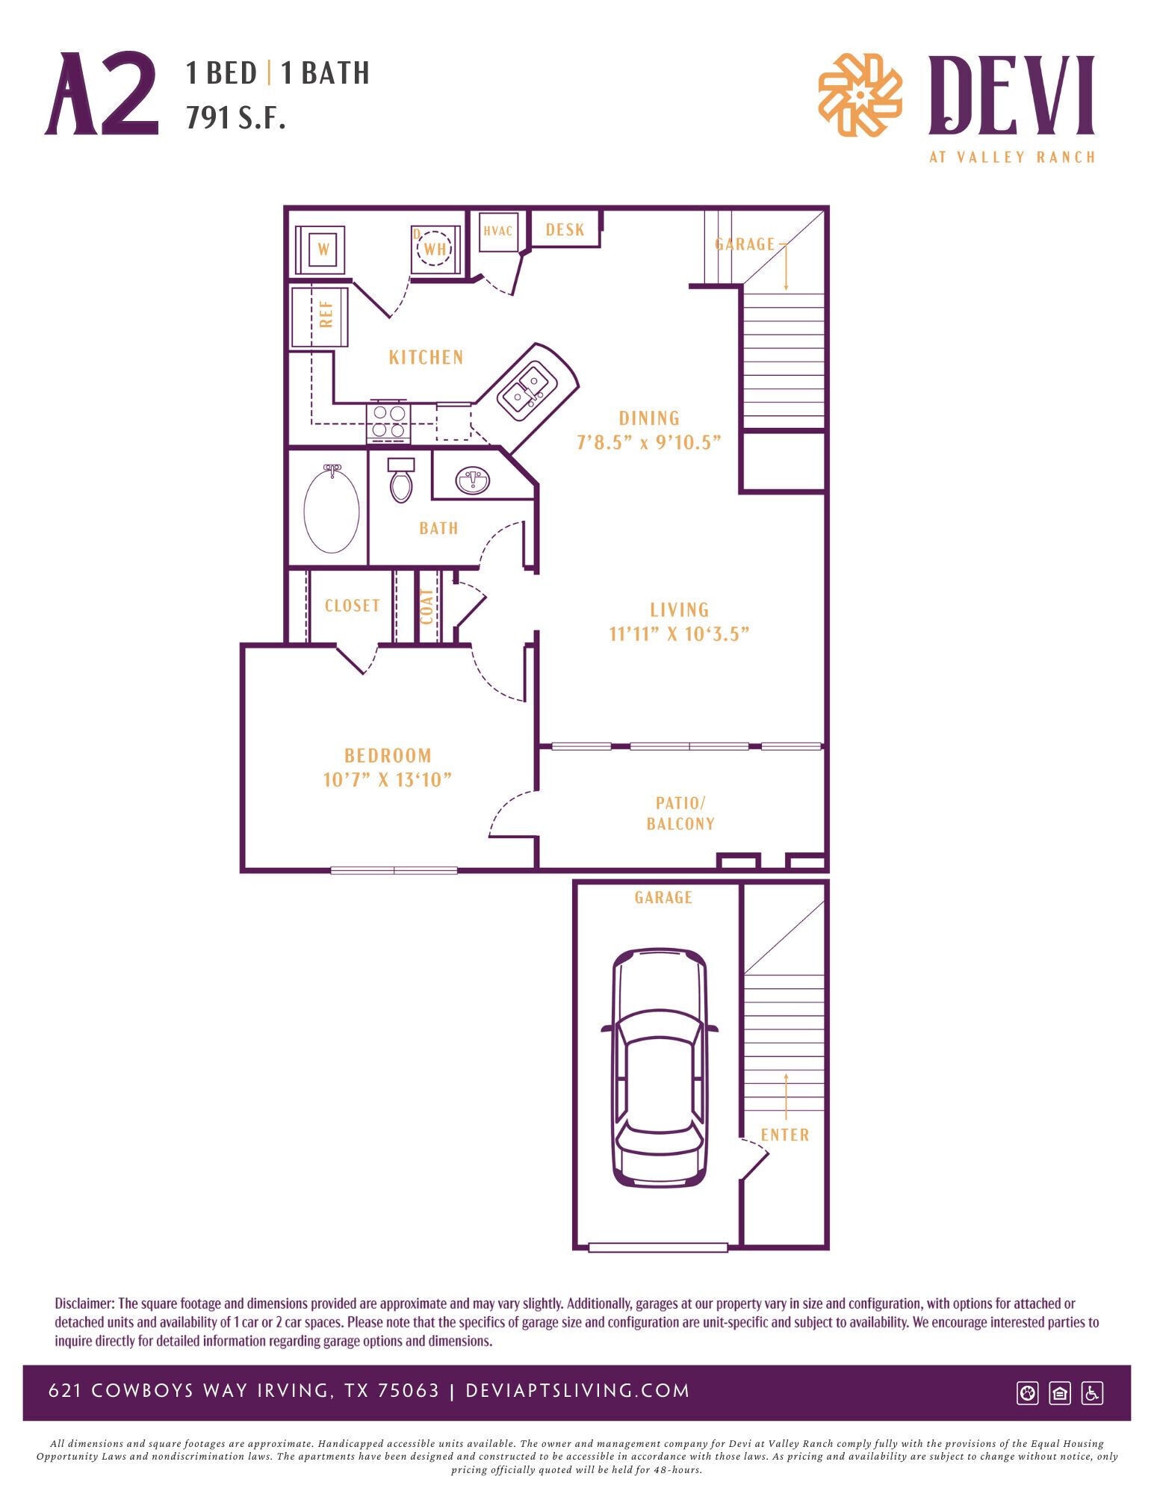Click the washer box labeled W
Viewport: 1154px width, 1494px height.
point(322,249)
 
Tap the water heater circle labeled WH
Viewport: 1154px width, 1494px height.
point(435,249)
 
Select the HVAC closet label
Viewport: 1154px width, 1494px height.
point(497,231)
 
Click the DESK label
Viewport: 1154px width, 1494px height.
point(565,229)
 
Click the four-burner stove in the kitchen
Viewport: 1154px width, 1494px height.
point(388,421)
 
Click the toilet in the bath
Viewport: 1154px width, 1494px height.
point(401,482)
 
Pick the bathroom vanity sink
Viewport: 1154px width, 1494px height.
point(474,480)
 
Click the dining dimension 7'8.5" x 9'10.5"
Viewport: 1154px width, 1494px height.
point(648,441)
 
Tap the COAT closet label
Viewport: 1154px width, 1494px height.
point(426,607)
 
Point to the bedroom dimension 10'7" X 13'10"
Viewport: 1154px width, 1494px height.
point(388,779)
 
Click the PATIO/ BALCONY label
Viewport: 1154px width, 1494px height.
point(680,813)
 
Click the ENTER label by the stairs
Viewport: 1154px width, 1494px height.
point(784,1135)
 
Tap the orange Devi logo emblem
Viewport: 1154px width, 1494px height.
point(860,95)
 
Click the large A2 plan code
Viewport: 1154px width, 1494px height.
point(102,95)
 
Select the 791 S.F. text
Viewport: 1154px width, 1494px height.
point(236,117)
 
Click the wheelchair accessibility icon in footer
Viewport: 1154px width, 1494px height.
point(1092,1392)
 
